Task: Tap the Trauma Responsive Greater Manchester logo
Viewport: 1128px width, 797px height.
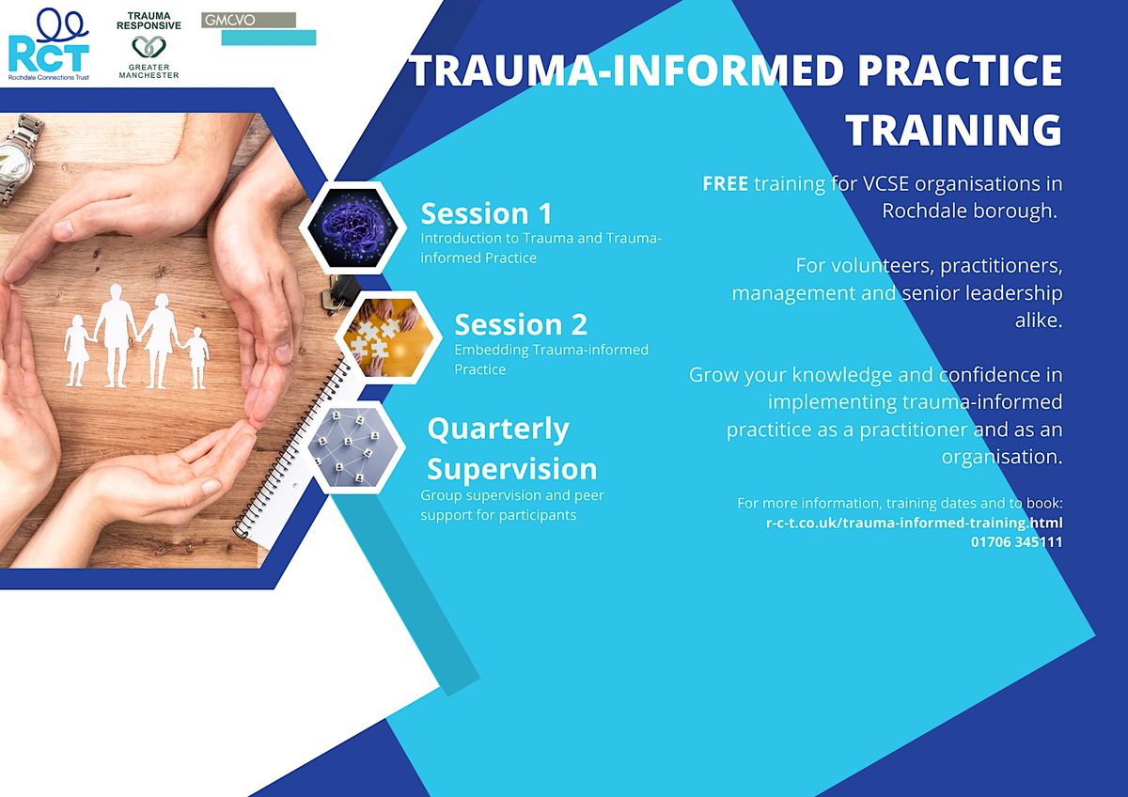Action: [149, 46]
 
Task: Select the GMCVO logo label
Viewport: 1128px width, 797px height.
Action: [248, 20]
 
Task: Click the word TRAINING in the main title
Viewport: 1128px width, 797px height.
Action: [953, 130]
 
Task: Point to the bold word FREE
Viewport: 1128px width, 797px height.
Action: [725, 184]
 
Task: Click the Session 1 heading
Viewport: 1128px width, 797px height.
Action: [486, 212]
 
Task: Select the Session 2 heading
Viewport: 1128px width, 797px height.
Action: [521, 324]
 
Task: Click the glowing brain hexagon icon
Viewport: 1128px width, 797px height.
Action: [352, 226]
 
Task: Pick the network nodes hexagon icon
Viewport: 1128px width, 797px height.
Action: [352, 446]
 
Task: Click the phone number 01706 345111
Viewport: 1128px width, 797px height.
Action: [1016, 541]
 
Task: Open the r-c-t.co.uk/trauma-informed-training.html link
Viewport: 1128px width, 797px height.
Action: [914, 523]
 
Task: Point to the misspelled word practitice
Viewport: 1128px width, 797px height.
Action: [770, 430]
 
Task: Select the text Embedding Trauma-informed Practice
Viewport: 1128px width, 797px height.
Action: [551, 359]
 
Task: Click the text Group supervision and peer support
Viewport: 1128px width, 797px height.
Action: [497, 505]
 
